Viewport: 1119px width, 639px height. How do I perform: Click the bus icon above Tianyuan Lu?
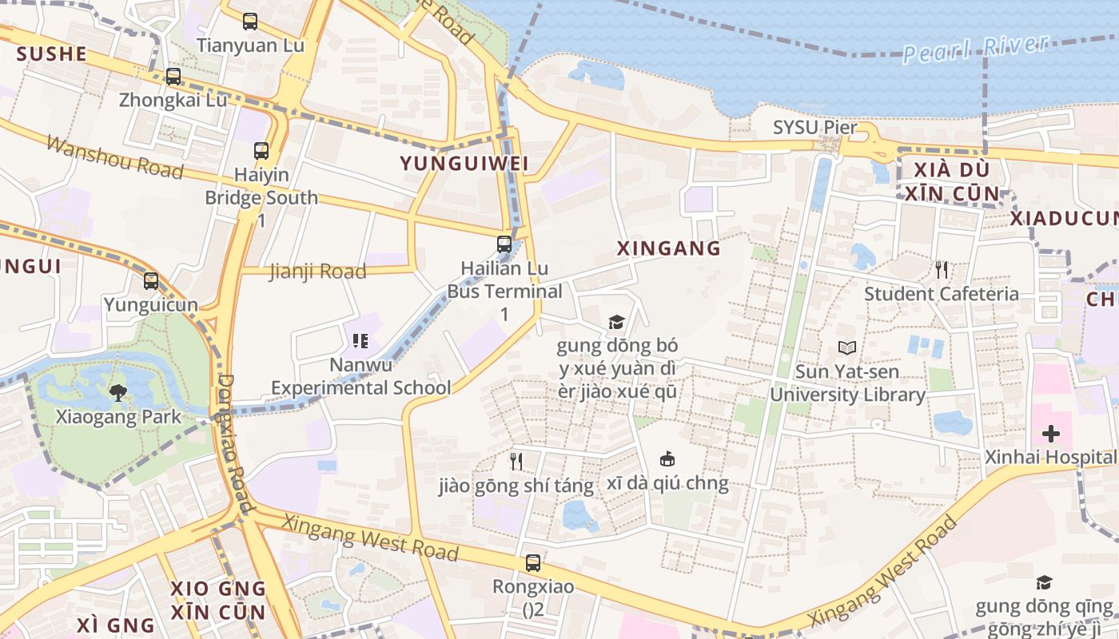coord(250,22)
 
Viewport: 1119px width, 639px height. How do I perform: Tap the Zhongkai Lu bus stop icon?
coord(173,77)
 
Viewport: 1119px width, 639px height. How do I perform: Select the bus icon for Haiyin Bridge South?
coord(261,150)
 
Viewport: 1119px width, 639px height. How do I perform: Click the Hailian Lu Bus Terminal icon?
coord(504,244)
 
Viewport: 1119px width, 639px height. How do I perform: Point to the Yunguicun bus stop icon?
coord(151,281)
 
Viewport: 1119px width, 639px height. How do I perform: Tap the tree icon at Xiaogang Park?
coord(118,392)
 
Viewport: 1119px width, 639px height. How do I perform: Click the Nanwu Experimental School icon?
coord(360,342)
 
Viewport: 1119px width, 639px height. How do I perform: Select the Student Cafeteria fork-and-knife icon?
coord(942,270)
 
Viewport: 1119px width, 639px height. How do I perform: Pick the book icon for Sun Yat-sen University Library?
coord(847,348)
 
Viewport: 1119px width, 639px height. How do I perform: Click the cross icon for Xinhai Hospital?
coord(1051,434)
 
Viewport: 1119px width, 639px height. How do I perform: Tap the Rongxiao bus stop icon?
coord(533,563)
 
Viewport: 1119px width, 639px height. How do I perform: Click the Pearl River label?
coord(975,48)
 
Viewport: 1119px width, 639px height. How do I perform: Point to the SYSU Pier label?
coord(814,128)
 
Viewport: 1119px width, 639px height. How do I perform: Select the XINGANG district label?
coord(669,248)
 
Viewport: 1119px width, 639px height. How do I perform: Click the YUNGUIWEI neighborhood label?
coord(464,164)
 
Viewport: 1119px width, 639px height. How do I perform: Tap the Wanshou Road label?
coord(114,157)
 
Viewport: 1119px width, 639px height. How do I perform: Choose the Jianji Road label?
coord(317,272)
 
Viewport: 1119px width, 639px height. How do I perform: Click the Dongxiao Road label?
coord(236,443)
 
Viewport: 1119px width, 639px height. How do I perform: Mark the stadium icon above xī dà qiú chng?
coord(667,459)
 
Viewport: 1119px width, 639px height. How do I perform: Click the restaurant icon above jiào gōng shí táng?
coord(516,461)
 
